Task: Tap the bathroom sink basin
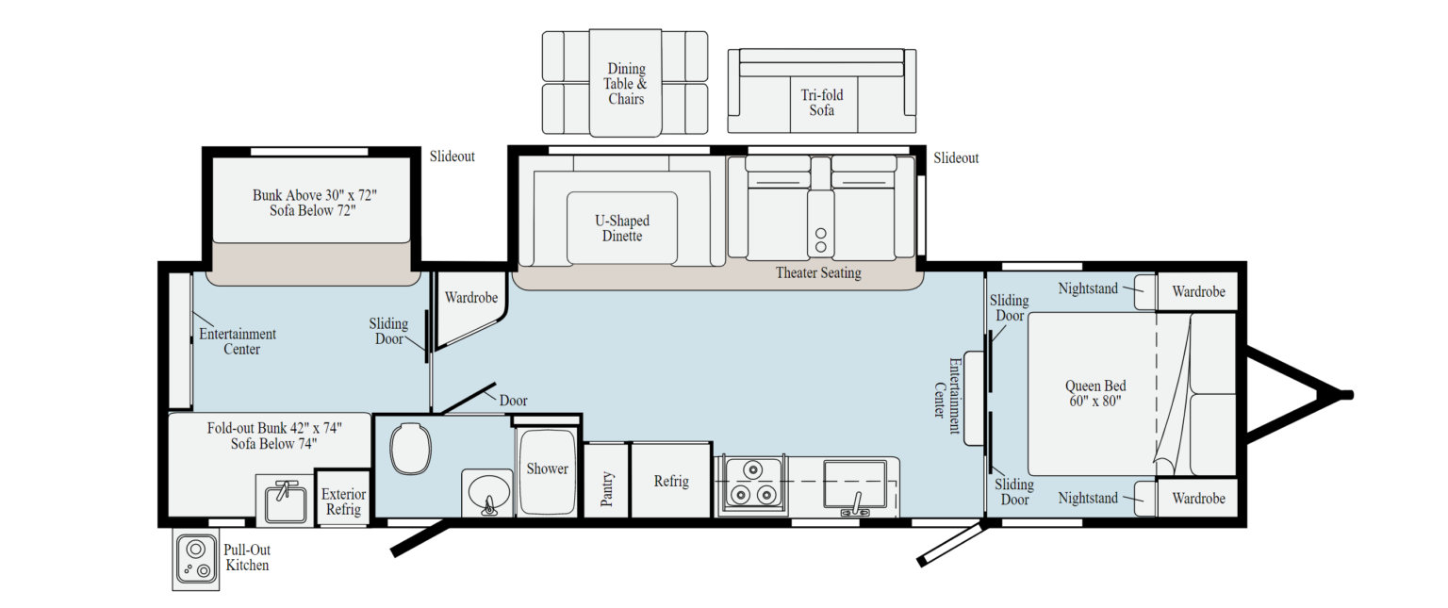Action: tap(487, 491)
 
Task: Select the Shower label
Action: tap(547, 468)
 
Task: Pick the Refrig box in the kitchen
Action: tap(670, 481)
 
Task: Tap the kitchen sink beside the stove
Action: tap(854, 485)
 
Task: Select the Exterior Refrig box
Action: tap(342, 501)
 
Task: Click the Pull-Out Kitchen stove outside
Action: tap(195, 560)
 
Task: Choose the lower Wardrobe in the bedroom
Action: tap(1198, 498)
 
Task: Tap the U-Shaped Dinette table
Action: tap(621, 227)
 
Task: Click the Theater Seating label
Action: tap(817, 273)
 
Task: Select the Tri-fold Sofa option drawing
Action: tap(821, 91)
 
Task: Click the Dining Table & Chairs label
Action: tap(625, 83)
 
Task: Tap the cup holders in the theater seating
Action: tap(819, 239)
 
